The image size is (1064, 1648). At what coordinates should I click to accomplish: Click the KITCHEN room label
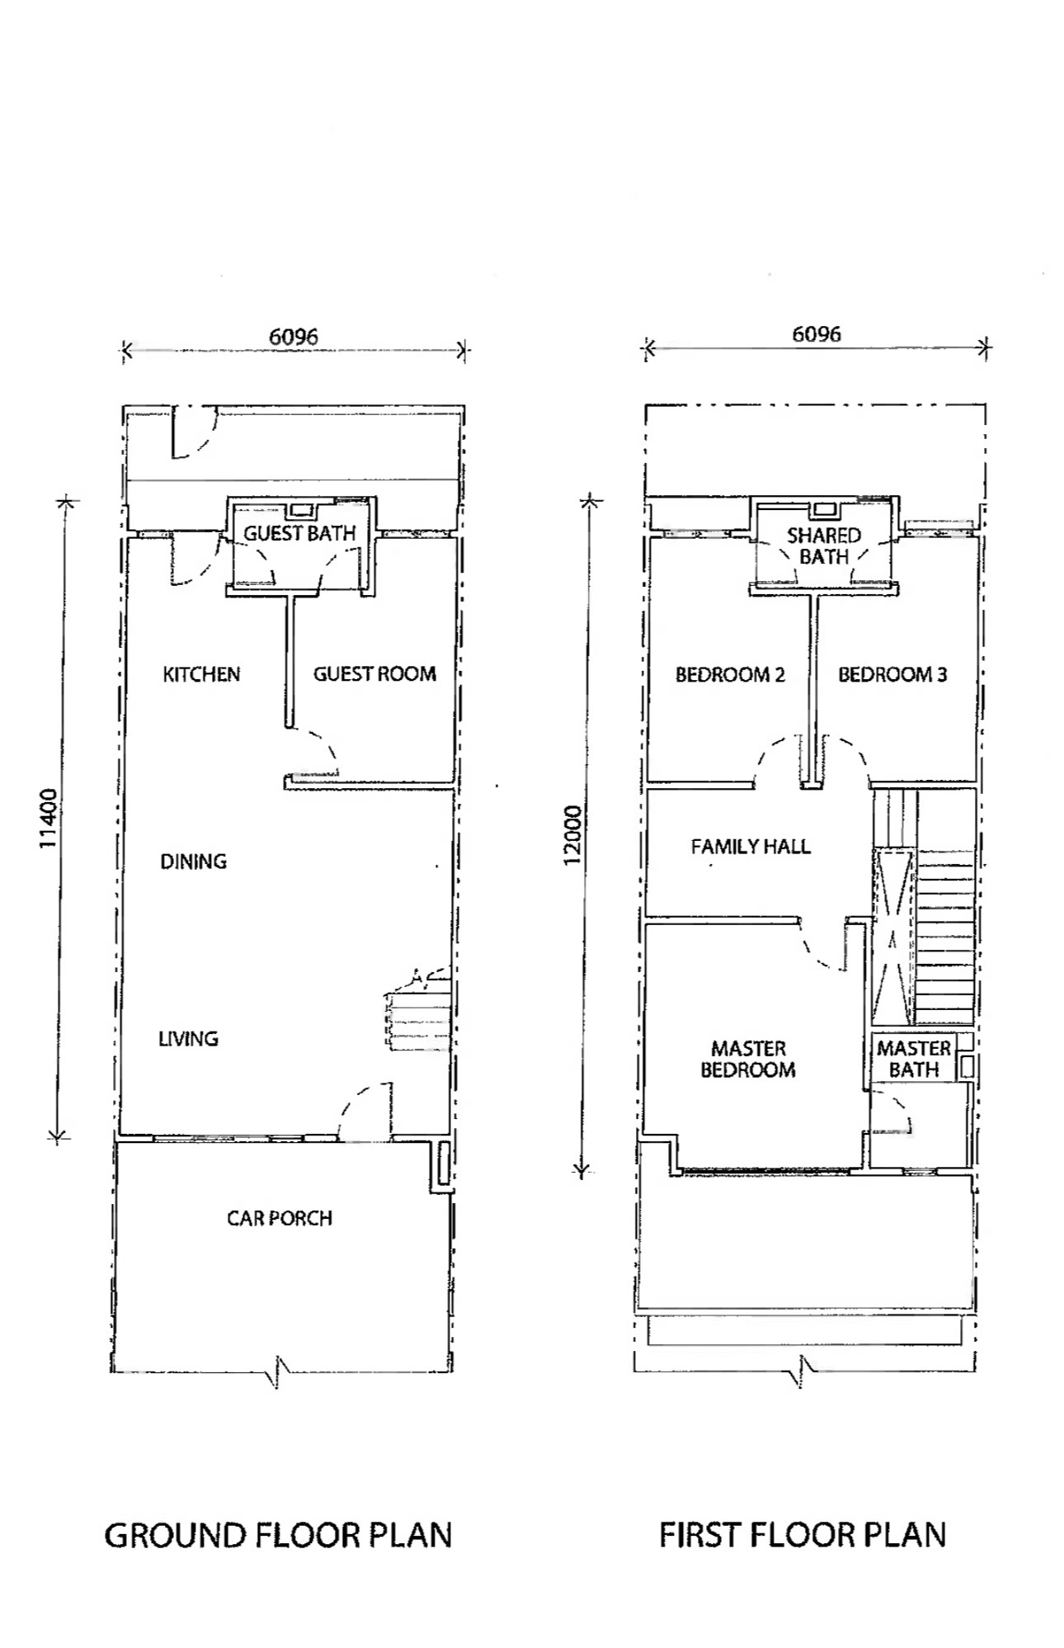201,674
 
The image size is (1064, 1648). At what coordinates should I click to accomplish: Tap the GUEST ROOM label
374,674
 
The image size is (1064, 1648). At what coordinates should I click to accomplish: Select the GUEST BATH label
299,534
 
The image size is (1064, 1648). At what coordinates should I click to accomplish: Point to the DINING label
193,862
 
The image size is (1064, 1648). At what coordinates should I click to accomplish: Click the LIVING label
188,1039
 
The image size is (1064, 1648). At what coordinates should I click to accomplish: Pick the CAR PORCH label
280,1218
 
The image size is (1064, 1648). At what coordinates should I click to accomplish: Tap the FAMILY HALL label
751,847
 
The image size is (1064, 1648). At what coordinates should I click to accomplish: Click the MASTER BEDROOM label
748,1060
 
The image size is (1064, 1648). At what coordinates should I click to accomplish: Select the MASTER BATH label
914,1060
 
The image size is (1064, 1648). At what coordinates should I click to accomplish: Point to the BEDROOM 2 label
730,675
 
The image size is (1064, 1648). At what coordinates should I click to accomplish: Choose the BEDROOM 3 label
892,675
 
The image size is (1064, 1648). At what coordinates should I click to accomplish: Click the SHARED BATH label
824,546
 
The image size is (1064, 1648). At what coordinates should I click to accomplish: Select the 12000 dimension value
573,836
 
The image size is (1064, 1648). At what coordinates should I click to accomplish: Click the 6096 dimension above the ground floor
294,336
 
